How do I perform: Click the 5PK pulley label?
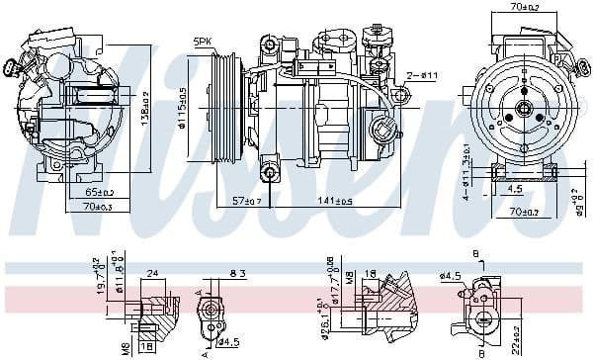[x=204, y=41]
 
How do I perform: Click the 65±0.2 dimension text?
[x=99, y=193]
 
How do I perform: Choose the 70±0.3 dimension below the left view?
[x=99, y=207]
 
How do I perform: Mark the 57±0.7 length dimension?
[x=248, y=201]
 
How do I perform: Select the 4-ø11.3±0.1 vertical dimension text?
[x=466, y=170]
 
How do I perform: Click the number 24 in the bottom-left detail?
[x=153, y=273]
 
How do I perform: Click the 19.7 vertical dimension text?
[x=99, y=282]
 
